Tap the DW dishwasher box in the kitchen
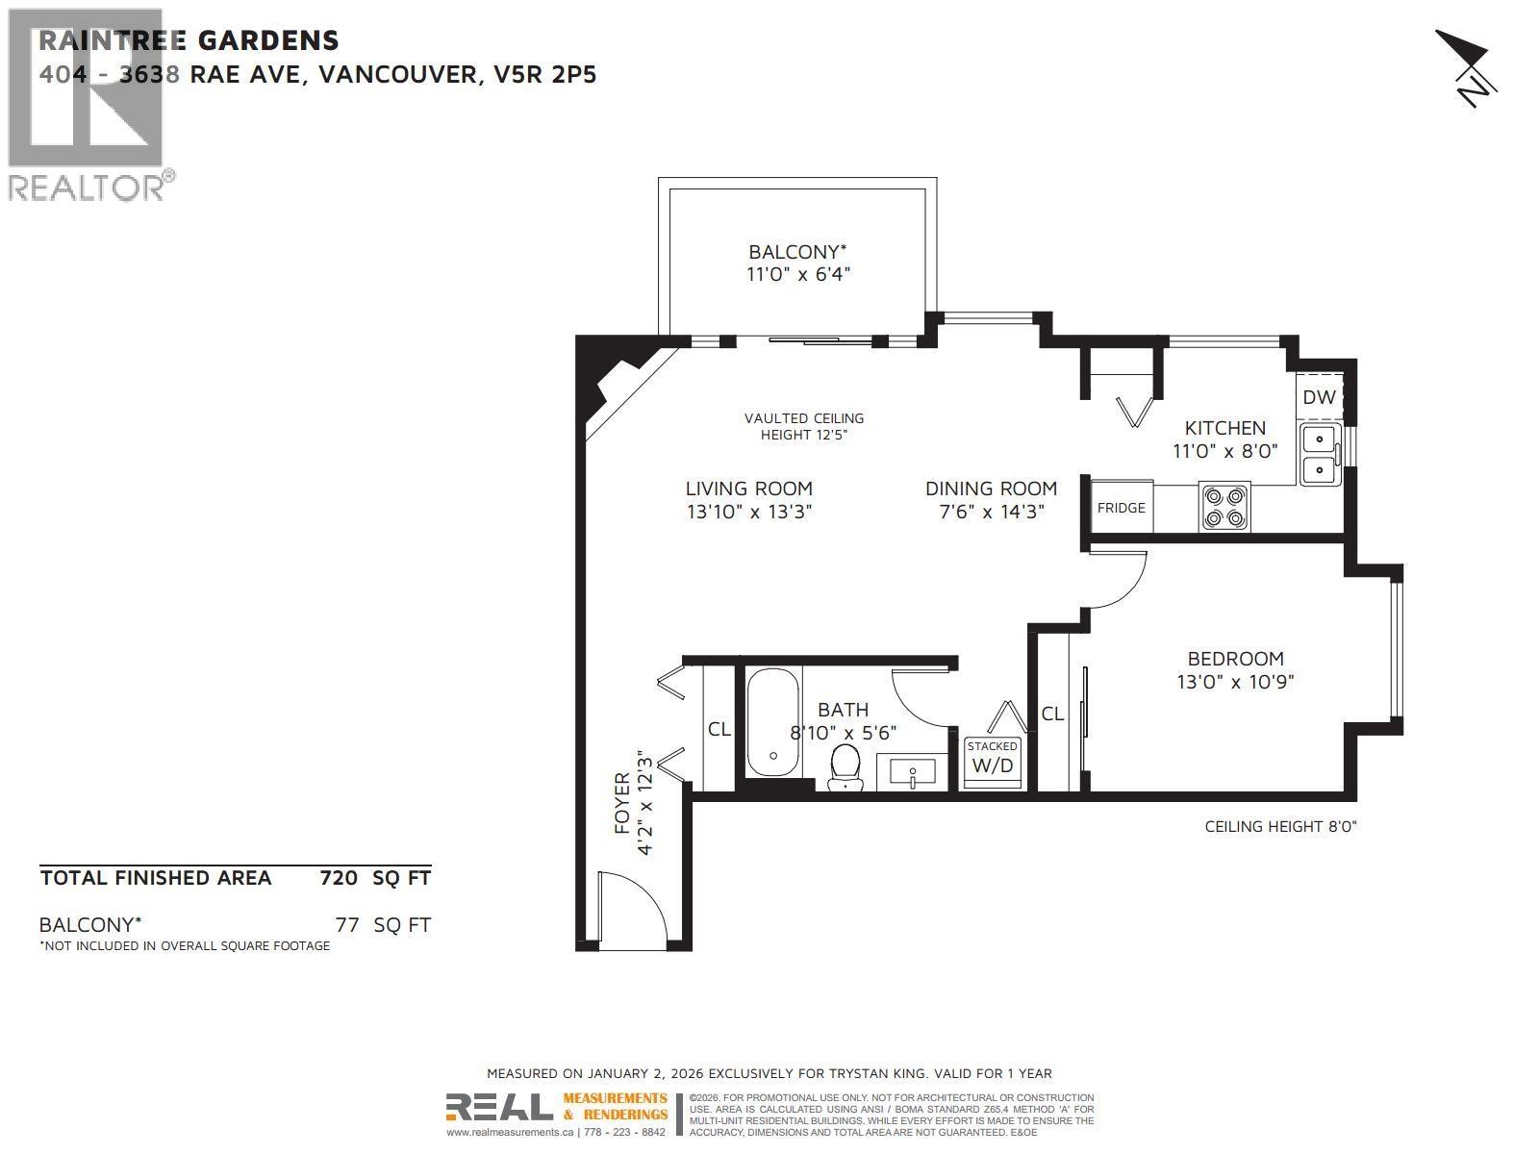1319,396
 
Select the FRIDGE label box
1122,508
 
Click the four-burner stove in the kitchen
1224,507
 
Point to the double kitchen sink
1321,454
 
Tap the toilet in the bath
845,766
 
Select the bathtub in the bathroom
772,724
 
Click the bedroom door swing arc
1116,581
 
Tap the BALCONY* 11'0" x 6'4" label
798,263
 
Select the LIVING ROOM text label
748,489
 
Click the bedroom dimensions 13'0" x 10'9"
1235,682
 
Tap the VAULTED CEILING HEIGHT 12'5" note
804,426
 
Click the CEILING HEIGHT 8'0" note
1280,826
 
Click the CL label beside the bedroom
1052,714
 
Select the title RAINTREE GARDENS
189,40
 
